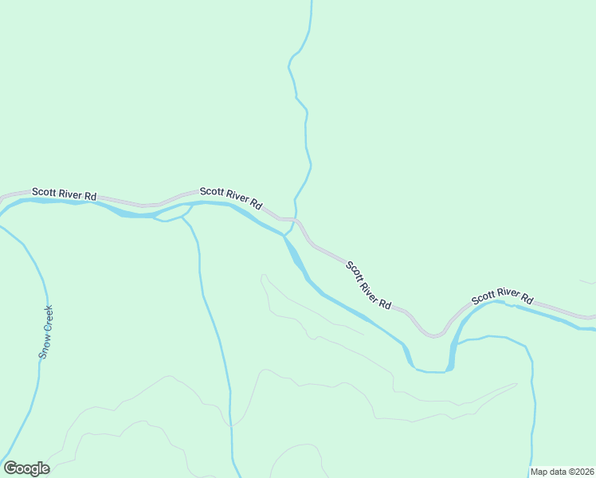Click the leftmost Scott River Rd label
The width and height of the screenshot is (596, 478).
click(64, 194)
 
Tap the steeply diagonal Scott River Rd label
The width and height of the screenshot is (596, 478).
click(370, 285)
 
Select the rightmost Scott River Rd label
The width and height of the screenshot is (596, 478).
click(502, 296)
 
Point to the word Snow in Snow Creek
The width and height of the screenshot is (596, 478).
click(44, 347)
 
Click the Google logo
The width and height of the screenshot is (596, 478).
click(26, 468)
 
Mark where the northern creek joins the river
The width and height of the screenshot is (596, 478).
click(284, 235)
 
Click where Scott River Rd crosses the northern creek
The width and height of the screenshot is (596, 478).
click(296, 220)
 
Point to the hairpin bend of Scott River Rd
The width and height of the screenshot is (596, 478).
click(434, 334)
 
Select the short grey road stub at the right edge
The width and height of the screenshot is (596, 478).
click(588, 282)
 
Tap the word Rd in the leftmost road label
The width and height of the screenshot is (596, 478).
click(90, 196)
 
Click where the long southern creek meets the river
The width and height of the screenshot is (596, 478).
click(188, 210)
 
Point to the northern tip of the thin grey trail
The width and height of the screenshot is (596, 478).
click(262, 276)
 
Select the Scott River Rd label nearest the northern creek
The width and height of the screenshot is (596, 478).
click(231, 197)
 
